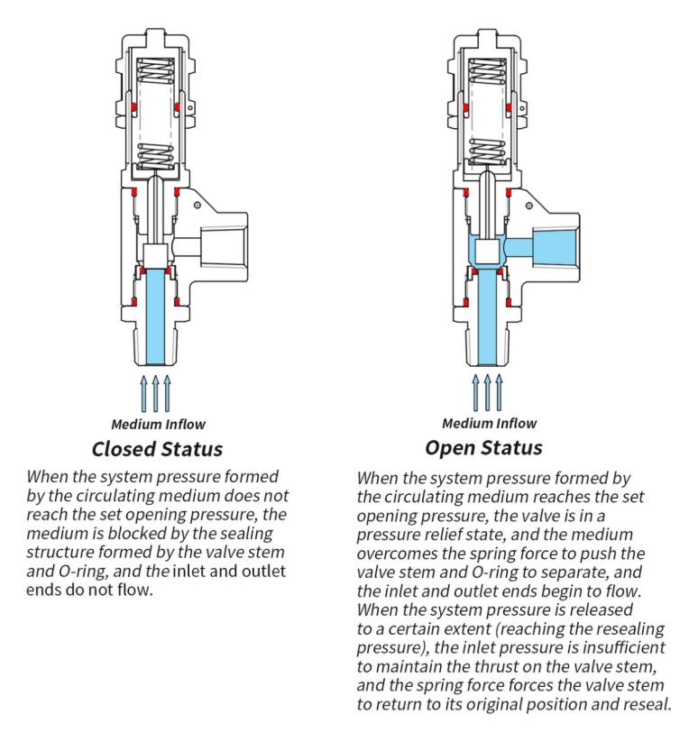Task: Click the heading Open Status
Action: click(483, 447)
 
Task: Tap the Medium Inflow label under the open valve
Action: click(489, 423)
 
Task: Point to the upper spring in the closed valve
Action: click(157, 72)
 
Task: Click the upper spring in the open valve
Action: click(488, 72)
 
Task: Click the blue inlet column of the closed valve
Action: click(157, 311)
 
